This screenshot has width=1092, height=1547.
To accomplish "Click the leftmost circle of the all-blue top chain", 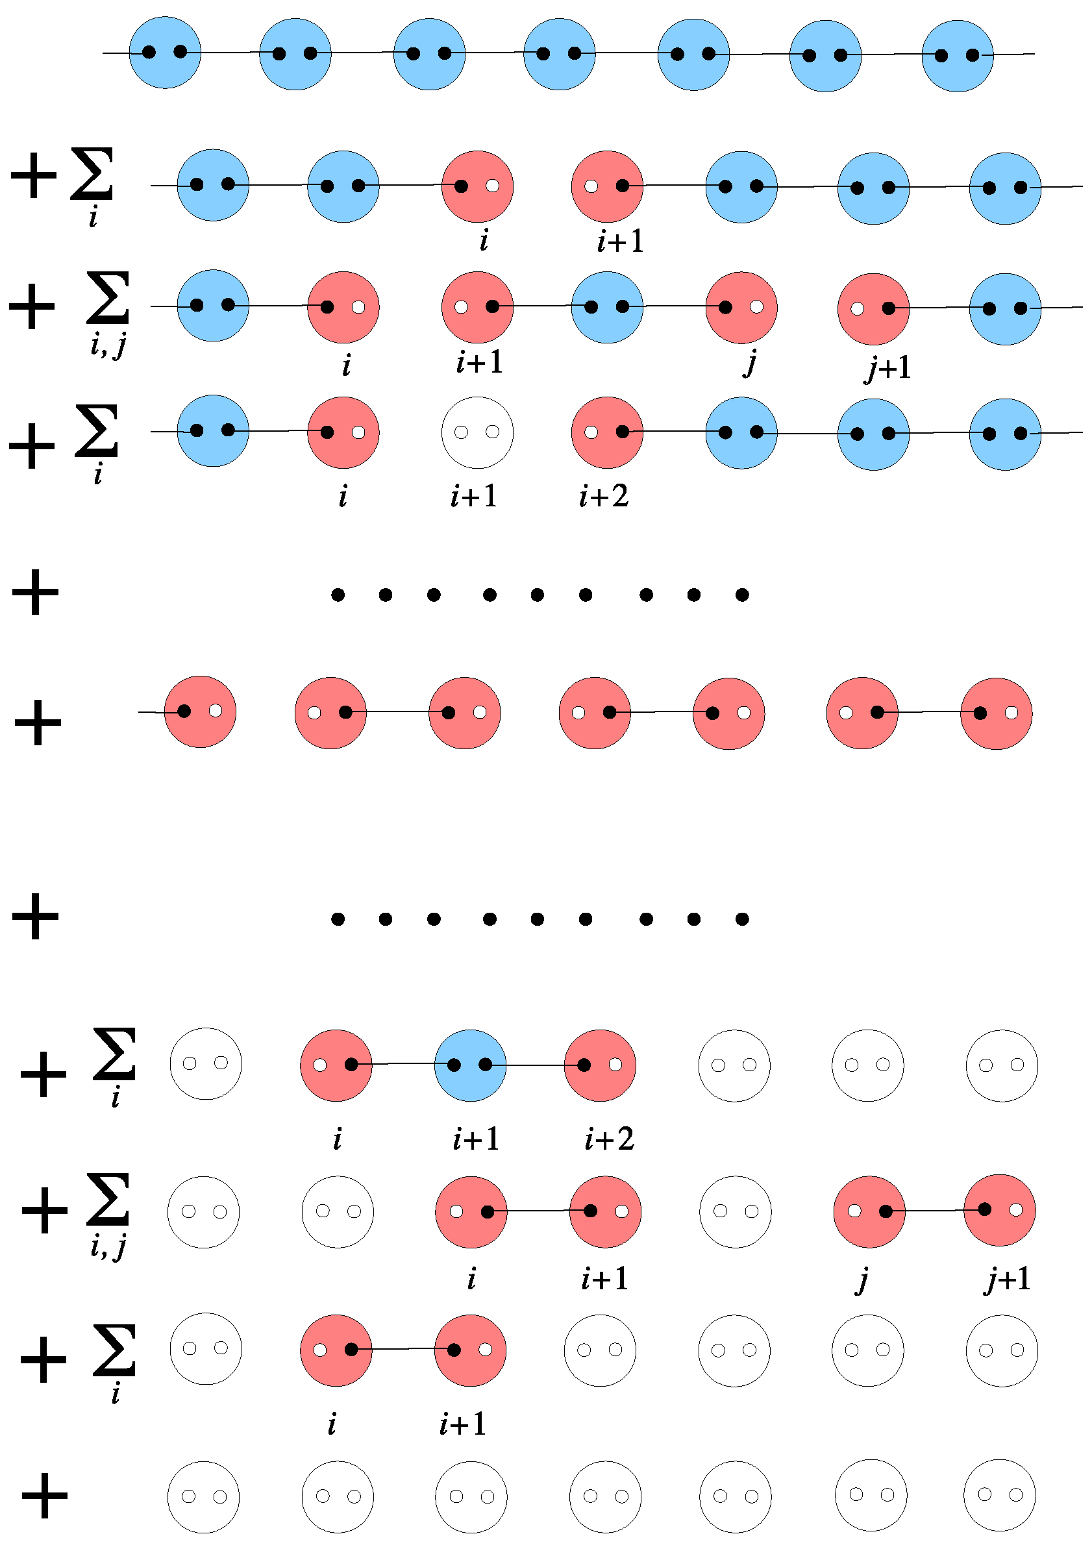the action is [165, 53].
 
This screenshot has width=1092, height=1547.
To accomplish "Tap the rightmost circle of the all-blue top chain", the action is [956, 56].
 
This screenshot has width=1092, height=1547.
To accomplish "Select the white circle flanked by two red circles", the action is [477, 432].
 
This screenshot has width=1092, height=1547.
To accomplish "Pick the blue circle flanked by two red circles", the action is [470, 1065].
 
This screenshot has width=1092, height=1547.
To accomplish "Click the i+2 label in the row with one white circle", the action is [604, 497].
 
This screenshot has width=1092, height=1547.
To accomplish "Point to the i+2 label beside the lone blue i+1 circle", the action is [609, 1139].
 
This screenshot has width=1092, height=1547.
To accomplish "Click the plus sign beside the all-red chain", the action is [38, 723].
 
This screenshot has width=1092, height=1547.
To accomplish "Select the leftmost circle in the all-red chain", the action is [200, 712].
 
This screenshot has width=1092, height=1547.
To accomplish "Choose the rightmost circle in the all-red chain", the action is [996, 713].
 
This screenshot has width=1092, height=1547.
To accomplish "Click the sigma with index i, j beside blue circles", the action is [108, 314].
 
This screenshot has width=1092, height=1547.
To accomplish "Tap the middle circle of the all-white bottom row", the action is [604, 1496].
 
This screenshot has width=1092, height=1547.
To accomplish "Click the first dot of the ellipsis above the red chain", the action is [338, 594].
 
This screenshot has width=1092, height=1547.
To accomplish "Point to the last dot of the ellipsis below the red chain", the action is [741, 919].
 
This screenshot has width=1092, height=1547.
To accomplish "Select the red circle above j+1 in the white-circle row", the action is [999, 1211].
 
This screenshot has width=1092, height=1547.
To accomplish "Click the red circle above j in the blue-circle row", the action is [741, 308].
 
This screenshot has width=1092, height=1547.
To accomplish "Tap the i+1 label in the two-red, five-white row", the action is [463, 1424].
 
